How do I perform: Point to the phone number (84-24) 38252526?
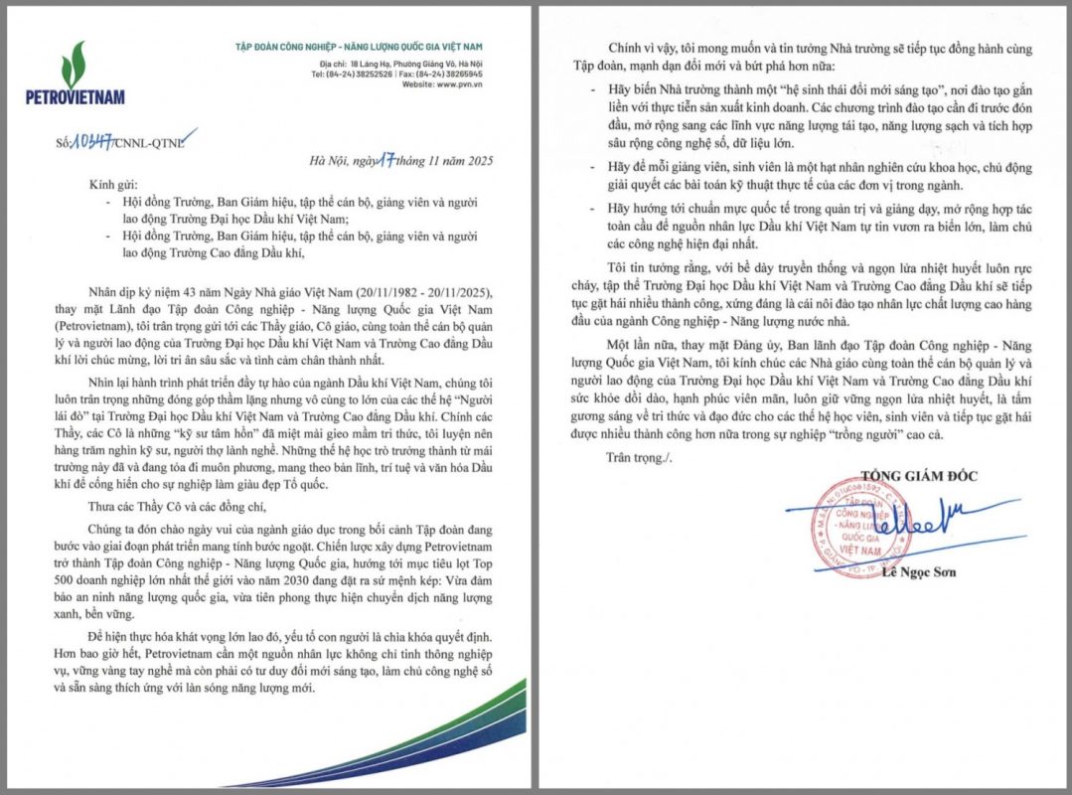[357, 74]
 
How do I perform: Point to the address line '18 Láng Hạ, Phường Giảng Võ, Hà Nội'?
[398, 63]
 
